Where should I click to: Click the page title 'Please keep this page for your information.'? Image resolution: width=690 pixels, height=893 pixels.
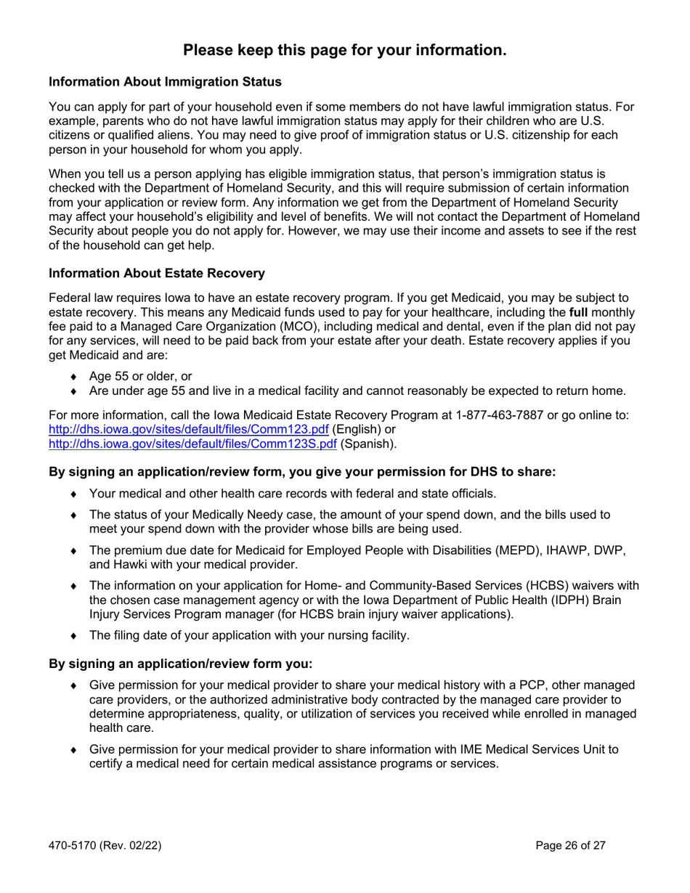[x=344, y=50]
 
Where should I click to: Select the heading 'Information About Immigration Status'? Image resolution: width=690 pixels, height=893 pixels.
[x=165, y=82]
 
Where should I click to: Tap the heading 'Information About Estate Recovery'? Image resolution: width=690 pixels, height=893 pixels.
[x=156, y=274]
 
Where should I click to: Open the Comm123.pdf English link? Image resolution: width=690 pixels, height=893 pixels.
[x=188, y=430]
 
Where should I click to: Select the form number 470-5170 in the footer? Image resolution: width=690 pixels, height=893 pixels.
[x=73, y=846]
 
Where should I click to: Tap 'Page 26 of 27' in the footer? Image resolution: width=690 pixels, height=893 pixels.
[x=570, y=846]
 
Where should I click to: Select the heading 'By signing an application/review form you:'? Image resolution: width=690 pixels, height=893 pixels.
[x=180, y=664]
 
